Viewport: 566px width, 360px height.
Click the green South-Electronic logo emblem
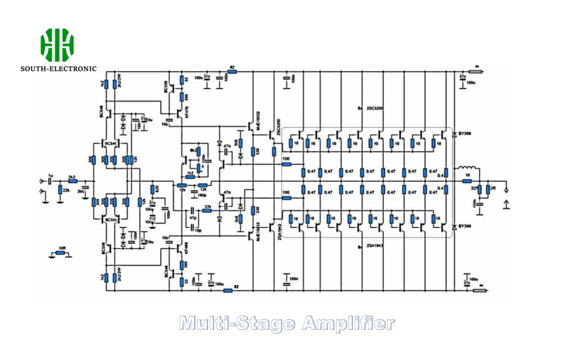[x=56, y=45]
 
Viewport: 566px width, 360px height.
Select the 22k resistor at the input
[x=60, y=191]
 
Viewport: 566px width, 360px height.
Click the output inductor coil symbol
[x=468, y=169]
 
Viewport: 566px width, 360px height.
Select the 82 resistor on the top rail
[x=232, y=72]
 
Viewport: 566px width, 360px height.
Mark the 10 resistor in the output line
[x=467, y=181]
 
